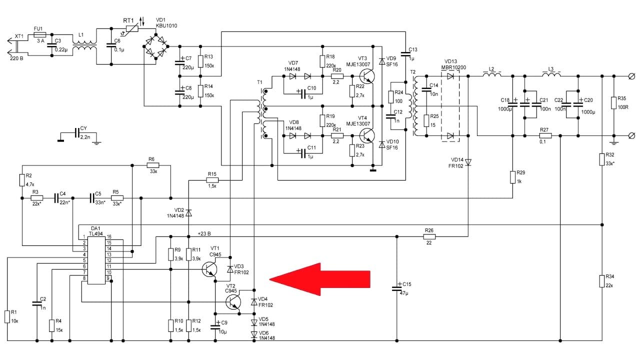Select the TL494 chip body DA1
pyautogui.click(x=96, y=259)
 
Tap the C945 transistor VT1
pyautogui.click(x=211, y=269)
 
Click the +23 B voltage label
pyautogui.click(x=204, y=233)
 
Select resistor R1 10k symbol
pyautogui.click(x=7, y=316)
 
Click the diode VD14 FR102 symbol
pyautogui.click(x=468, y=162)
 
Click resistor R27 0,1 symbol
pyautogui.click(x=544, y=135)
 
